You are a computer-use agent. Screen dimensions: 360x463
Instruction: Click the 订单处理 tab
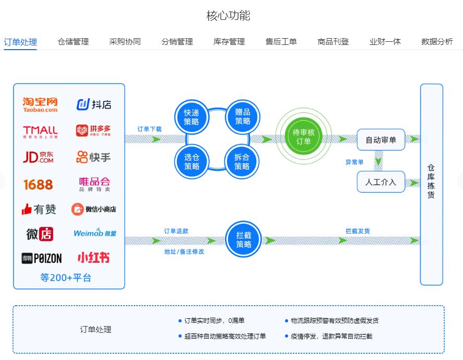click(x=20, y=42)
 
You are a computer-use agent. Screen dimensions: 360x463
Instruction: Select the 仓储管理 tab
click(x=73, y=42)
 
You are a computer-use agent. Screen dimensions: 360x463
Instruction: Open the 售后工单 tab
click(x=281, y=42)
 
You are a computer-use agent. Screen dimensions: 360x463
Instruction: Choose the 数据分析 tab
click(x=437, y=42)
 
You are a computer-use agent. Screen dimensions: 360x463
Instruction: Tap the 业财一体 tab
click(x=385, y=42)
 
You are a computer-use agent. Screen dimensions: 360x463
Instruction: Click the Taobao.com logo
click(x=40, y=104)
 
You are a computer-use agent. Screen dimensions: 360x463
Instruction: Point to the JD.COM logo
click(x=38, y=157)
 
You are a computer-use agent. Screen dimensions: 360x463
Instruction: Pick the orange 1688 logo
click(x=38, y=184)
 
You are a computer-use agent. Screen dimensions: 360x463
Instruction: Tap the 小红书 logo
click(x=94, y=258)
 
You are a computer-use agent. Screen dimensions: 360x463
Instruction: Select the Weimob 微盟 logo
click(x=94, y=233)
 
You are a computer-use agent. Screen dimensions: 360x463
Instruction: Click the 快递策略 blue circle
click(x=192, y=117)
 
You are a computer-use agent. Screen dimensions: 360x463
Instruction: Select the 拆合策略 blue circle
click(x=242, y=161)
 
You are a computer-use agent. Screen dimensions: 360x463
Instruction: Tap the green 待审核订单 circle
click(x=303, y=137)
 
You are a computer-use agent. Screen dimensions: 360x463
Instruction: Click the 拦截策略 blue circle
click(x=243, y=240)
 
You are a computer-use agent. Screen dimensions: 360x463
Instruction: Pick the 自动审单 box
click(x=381, y=140)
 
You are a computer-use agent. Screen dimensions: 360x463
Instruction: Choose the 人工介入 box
click(x=381, y=182)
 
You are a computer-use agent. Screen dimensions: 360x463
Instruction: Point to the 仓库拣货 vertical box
click(x=431, y=184)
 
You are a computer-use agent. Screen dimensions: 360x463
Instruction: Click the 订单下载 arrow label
click(x=149, y=129)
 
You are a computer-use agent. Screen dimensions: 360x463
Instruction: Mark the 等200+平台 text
click(x=66, y=277)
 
